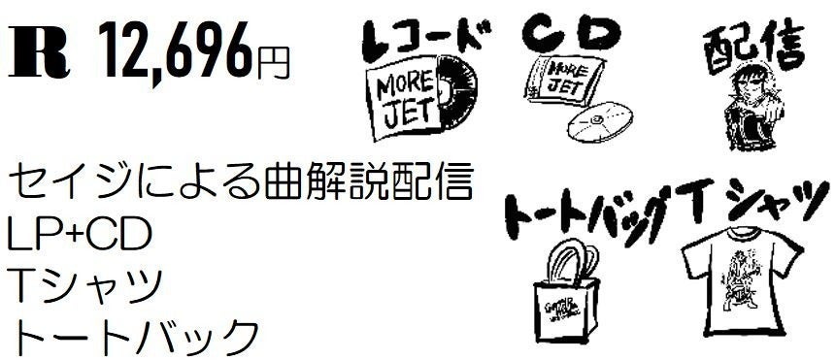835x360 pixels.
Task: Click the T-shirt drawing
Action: pos(739,281)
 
